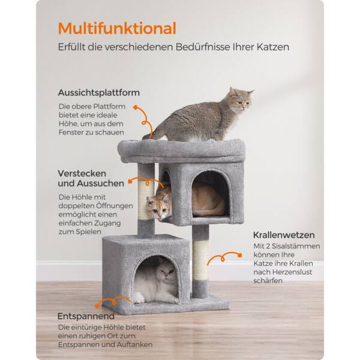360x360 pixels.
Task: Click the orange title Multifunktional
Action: click(117, 28)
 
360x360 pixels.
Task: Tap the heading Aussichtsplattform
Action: click(99, 93)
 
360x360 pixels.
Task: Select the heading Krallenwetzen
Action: click(284, 235)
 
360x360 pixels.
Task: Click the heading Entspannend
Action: click(86, 316)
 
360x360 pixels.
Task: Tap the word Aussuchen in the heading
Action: click(100, 184)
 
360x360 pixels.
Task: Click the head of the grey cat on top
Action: click(241, 99)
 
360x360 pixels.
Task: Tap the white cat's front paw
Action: click(139, 298)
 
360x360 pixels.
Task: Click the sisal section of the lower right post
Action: click(200, 261)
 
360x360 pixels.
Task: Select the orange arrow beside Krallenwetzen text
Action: click(223, 257)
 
